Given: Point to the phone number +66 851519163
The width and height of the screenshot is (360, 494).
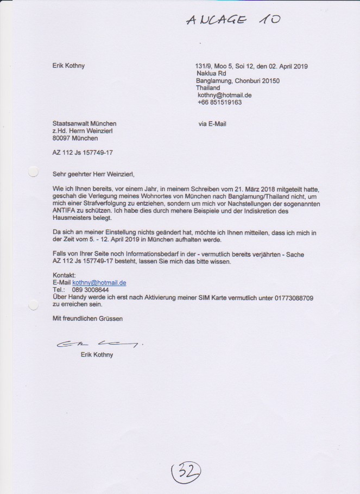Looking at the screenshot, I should point(220,102).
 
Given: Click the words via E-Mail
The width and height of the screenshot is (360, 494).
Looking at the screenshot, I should point(213,124).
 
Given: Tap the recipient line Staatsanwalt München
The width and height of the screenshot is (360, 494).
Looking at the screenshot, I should point(84,124).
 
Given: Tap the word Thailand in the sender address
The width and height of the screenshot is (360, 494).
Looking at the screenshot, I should point(209,87).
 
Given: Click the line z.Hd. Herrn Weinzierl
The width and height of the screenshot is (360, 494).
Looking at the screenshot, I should point(83,131).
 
